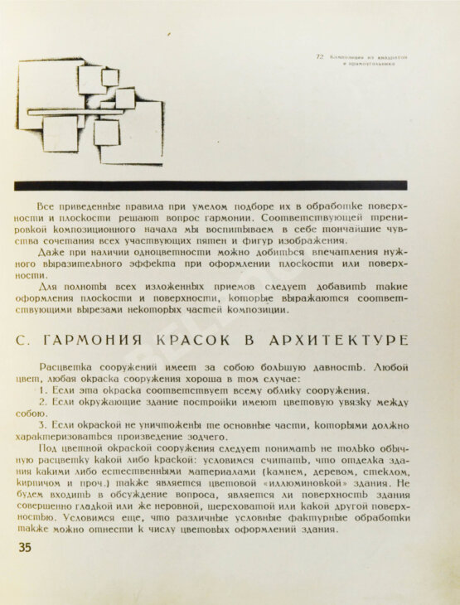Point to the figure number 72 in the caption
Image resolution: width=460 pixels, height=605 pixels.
pos(319,57)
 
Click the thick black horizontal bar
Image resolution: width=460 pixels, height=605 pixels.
pos(211,186)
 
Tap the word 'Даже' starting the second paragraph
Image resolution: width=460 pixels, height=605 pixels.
pos(52,250)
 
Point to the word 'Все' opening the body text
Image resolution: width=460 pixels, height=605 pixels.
pos(47,204)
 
